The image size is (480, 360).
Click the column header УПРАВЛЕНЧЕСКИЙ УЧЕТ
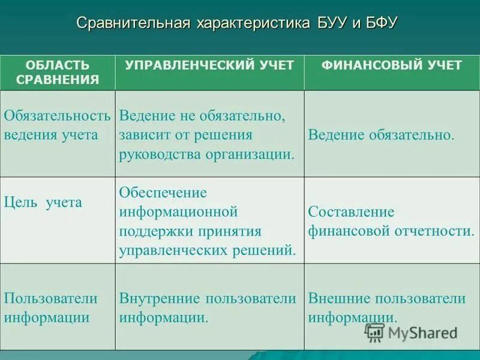pos(209,65)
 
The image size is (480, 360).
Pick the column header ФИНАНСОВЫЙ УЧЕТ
pos(392,65)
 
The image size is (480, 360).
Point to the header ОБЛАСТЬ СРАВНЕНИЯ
pos(58,73)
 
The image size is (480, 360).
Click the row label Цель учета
pos(43,202)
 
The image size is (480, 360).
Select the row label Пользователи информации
pos(50,308)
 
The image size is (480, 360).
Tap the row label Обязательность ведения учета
pos(57,124)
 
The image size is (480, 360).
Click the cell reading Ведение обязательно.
pos(381,134)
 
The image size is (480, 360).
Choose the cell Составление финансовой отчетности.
pos(391,221)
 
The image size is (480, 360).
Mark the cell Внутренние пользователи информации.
pos(208,308)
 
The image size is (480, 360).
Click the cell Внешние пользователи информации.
pos(387,308)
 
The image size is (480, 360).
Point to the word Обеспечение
pos(163,193)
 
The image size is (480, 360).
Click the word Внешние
pos(341,298)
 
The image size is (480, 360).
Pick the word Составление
pos(351,212)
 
